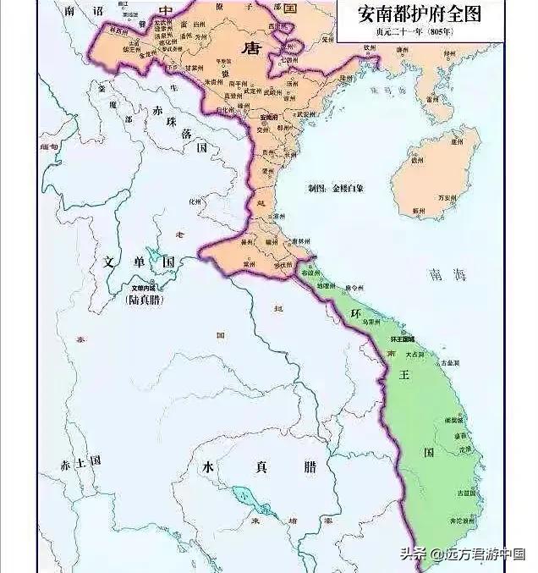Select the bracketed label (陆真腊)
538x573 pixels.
[x=144, y=300]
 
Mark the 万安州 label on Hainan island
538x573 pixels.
[x=446, y=196]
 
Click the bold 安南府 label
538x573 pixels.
[x=270, y=117]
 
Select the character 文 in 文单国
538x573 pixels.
[x=110, y=262]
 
